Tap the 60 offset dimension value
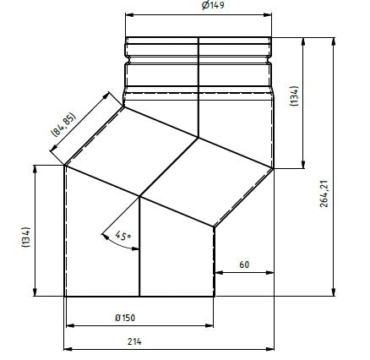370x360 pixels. [x=243, y=264]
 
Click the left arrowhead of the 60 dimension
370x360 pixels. [x=218, y=272]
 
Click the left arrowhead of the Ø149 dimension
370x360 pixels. [x=129, y=14]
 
